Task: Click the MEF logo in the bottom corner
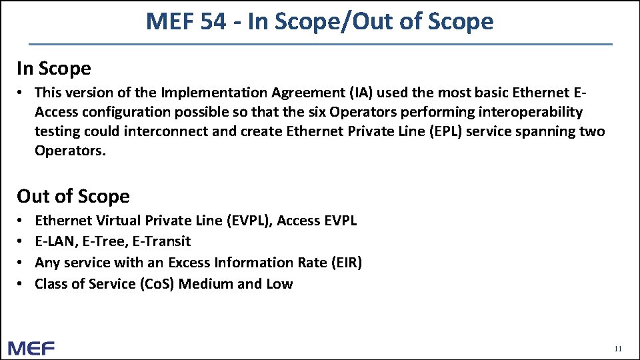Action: (x=31, y=348)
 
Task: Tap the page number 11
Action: (x=618, y=349)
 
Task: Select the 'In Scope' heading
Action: (x=53, y=68)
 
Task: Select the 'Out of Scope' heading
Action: (x=73, y=196)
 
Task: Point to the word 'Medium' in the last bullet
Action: (x=206, y=284)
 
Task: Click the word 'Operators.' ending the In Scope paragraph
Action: (x=70, y=151)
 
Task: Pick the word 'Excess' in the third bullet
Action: (x=190, y=263)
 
